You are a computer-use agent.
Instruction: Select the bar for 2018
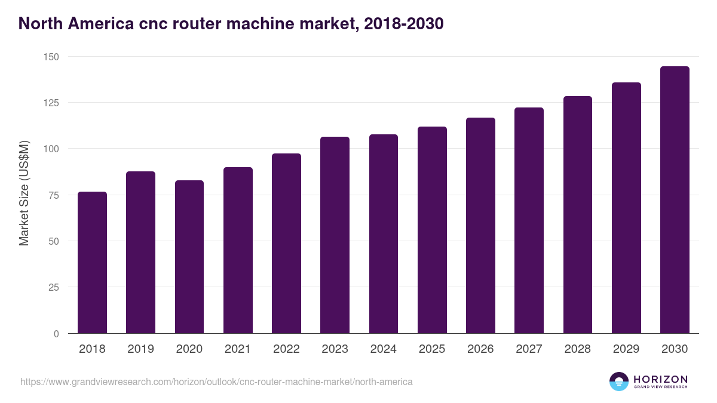click(x=92, y=263)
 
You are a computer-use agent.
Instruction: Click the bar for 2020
click(x=189, y=257)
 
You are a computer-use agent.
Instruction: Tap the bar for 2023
click(x=335, y=235)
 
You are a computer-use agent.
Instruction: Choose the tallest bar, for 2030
click(x=675, y=200)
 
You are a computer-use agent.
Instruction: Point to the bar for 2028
click(x=577, y=215)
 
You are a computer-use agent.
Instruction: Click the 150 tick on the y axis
click(x=51, y=57)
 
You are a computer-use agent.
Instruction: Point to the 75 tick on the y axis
click(x=54, y=195)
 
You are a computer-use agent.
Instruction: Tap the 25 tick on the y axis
click(x=54, y=288)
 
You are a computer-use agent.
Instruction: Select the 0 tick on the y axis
click(x=56, y=334)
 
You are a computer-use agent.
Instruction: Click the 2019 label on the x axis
click(x=140, y=349)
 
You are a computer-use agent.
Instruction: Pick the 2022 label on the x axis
click(x=286, y=349)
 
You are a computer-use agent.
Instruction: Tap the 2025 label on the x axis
click(x=432, y=349)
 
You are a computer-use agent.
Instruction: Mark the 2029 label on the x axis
click(x=626, y=349)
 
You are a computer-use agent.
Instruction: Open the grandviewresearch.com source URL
click(x=216, y=382)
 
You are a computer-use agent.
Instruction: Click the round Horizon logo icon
click(x=619, y=382)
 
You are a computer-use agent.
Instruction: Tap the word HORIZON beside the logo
click(x=660, y=379)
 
